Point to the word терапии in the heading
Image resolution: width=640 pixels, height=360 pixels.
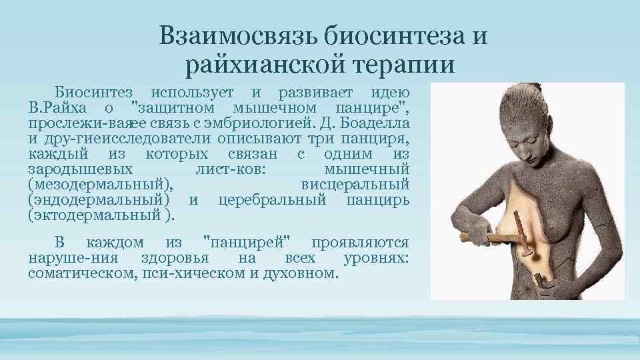[406, 65]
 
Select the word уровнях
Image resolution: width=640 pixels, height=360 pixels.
[377, 258]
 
